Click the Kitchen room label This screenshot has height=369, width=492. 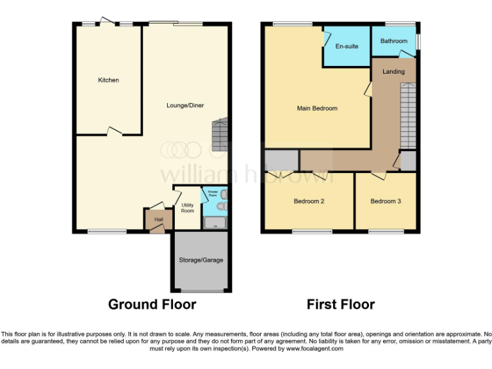pos(108,80)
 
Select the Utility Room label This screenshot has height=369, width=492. pos(187,208)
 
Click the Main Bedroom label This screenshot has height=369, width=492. pos(316,108)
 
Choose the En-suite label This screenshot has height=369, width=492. pos(347,46)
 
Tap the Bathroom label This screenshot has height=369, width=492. pos(393,41)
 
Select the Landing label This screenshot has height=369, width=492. pos(393,71)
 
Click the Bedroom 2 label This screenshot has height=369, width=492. pos(309,201)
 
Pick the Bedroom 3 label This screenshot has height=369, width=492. pos(386,201)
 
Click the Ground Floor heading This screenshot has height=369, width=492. pos(152,304)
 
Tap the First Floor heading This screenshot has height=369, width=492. pos(341,304)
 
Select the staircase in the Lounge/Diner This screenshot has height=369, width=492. pos(220,135)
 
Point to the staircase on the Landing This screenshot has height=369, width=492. pos(407,115)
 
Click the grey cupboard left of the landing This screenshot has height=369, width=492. pos(281,160)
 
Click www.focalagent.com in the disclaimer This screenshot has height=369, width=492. pos(315,349)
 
